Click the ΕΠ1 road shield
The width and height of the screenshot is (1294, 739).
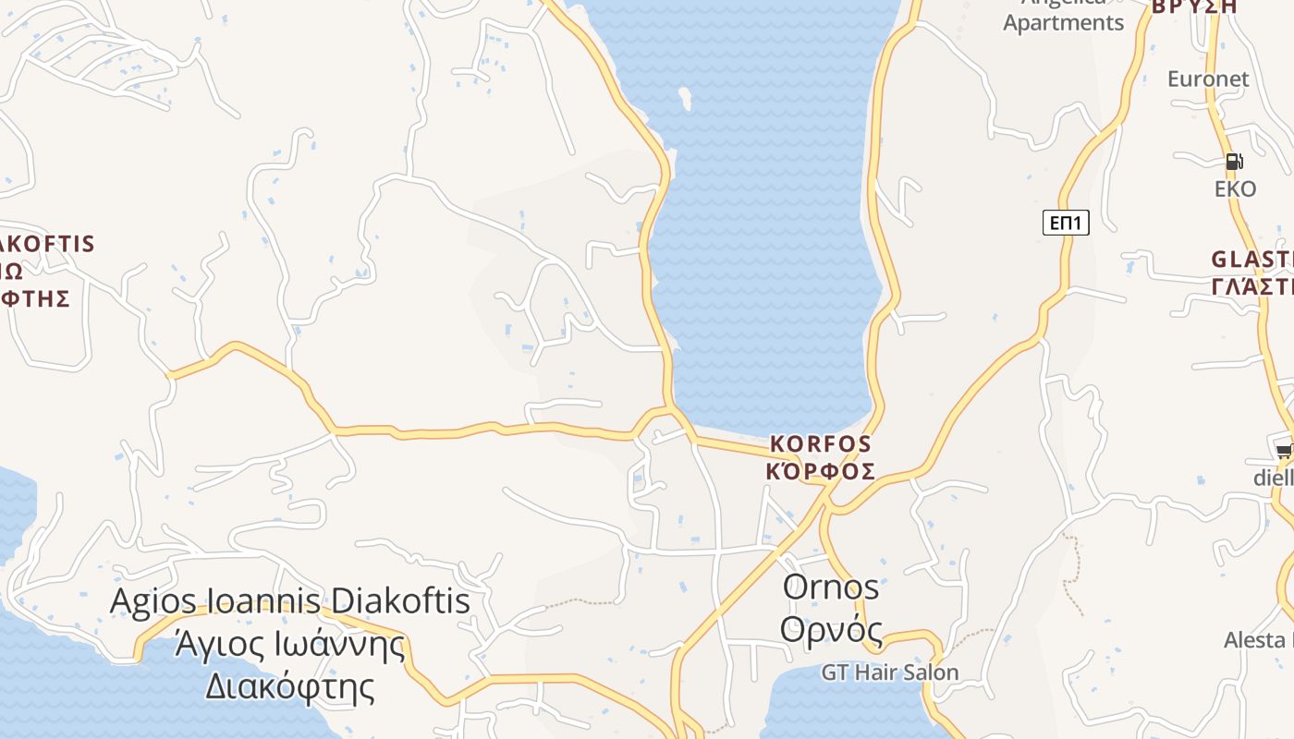1066,223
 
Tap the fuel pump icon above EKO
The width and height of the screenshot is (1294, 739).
1234,162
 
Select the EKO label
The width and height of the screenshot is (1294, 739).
1235,189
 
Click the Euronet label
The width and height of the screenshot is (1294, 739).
1208,79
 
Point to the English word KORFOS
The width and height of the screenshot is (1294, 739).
821,444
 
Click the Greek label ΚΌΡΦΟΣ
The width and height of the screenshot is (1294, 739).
821,471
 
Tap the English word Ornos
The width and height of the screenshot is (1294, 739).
831,587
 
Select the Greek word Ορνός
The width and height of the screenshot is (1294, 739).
831,630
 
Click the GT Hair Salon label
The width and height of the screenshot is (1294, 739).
890,672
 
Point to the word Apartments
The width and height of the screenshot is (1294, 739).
1064,23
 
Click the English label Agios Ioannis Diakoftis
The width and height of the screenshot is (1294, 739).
290,601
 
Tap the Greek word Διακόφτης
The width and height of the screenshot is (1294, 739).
290,686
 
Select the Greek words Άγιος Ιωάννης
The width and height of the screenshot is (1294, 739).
290,643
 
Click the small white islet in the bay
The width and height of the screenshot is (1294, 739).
685,97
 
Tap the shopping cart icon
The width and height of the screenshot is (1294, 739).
1284,452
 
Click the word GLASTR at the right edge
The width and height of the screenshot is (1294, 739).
1252,259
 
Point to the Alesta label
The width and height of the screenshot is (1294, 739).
1257,640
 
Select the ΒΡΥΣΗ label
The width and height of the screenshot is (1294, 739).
1193,6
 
